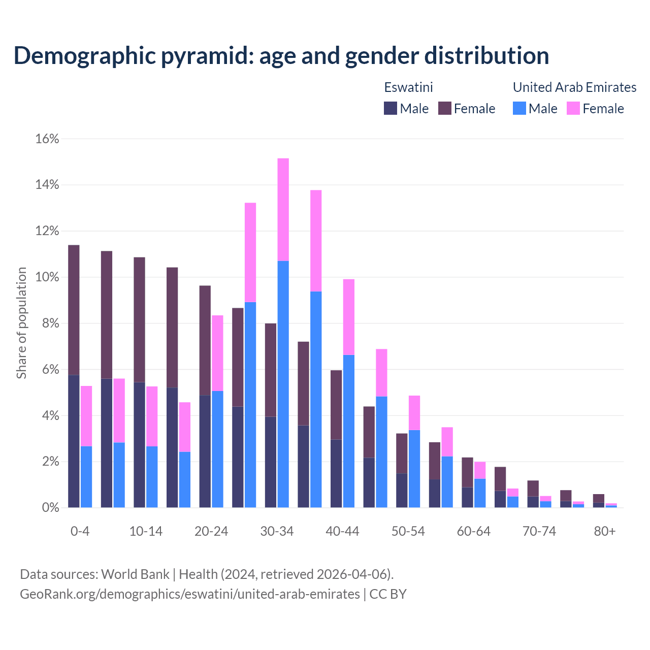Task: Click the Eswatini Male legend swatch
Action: [x=391, y=108]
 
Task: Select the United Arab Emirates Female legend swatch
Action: [x=573, y=108]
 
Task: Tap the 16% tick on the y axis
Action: [x=47, y=139]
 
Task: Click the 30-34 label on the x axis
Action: [x=277, y=531]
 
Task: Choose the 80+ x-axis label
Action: [x=605, y=531]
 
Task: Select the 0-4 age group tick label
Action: [x=80, y=531]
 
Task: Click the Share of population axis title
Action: [x=21, y=323]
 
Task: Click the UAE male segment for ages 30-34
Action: [x=283, y=384]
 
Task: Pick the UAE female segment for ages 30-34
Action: [x=283, y=209]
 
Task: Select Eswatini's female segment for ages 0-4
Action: [x=74, y=310]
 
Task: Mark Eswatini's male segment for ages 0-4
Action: [x=74, y=441]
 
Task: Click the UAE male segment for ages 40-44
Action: [x=349, y=431]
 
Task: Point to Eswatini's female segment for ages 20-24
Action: [x=205, y=340]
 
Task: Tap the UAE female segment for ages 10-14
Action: [x=152, y=416]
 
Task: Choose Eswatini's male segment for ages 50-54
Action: [x=402, y=490]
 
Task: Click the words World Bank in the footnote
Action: [x=135, y=574]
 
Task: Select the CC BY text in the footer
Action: [x=388, y=594]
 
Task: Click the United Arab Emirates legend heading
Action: [x=574, y=87]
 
